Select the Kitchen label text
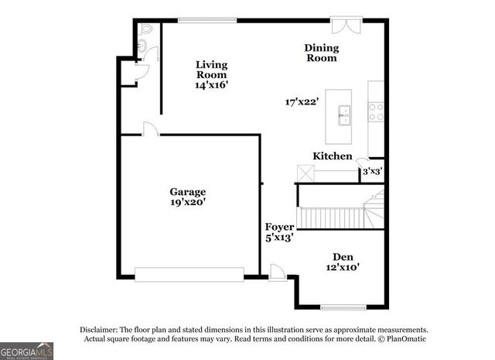(x=333, y=156)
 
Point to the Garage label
(x=188, y=191)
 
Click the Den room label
(x=343, y=257)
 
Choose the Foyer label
(x=279, y=228)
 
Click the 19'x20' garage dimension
(x=188, y=202)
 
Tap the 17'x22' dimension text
(x=301, y=101)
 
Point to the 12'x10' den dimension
(x=343, y=268)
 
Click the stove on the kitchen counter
(x=376, y=112)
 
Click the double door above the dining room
(x=342, y=26)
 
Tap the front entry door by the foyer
(x=276, y=272)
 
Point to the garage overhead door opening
(x=189, y=273)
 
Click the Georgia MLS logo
(x=26, y=351)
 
